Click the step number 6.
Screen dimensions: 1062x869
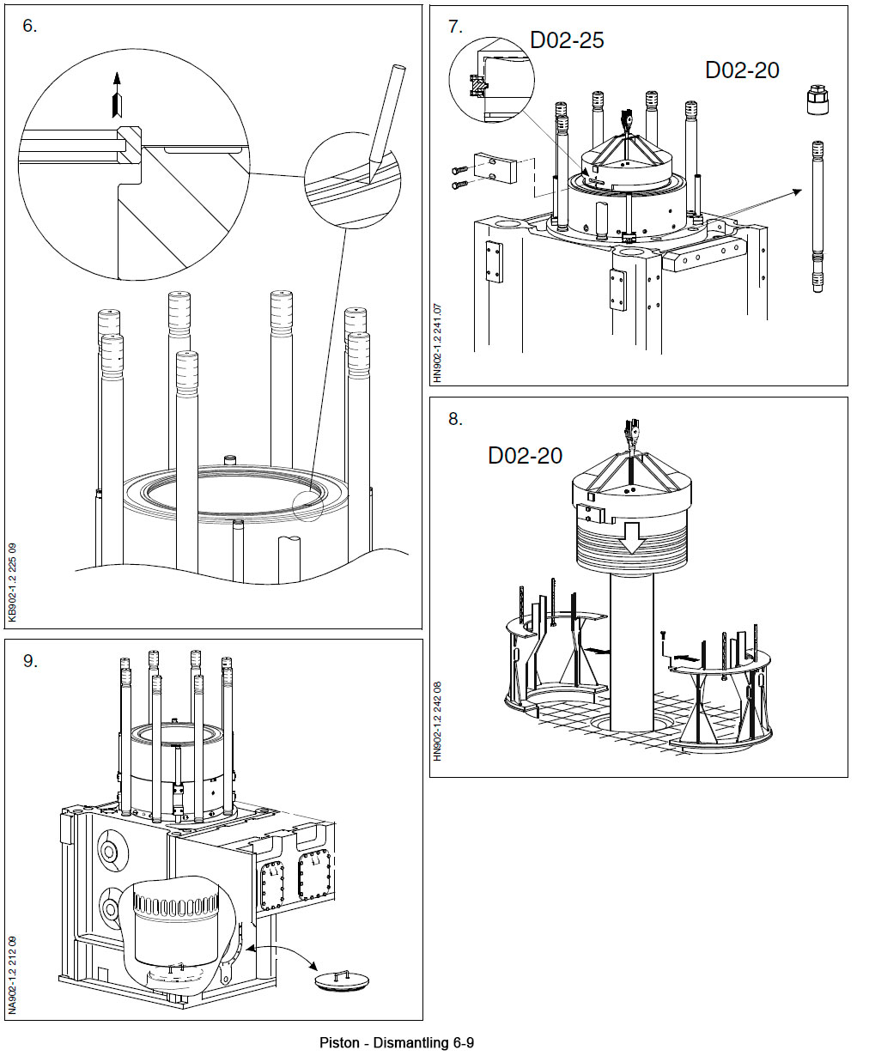coord(30,27)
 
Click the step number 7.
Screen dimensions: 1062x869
coord(455,27)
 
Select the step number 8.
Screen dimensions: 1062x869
coord(455,419)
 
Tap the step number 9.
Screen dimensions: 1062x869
coord(30,661)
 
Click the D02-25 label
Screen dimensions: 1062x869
coord(567,40)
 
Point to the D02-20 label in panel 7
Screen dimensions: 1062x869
coord(742,70)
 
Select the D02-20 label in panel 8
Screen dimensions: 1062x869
coord(525,456)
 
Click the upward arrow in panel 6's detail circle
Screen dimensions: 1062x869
coord(118,94)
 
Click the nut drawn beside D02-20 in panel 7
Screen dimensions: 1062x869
coord(817,100)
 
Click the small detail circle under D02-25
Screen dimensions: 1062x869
coord(491,79)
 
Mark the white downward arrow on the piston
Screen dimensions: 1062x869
coord(631,539)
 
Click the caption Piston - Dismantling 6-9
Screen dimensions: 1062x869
coord(396,1043)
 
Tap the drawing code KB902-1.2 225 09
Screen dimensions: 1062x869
coord(12,582)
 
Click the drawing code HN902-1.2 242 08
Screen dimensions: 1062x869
coord(437,721)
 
